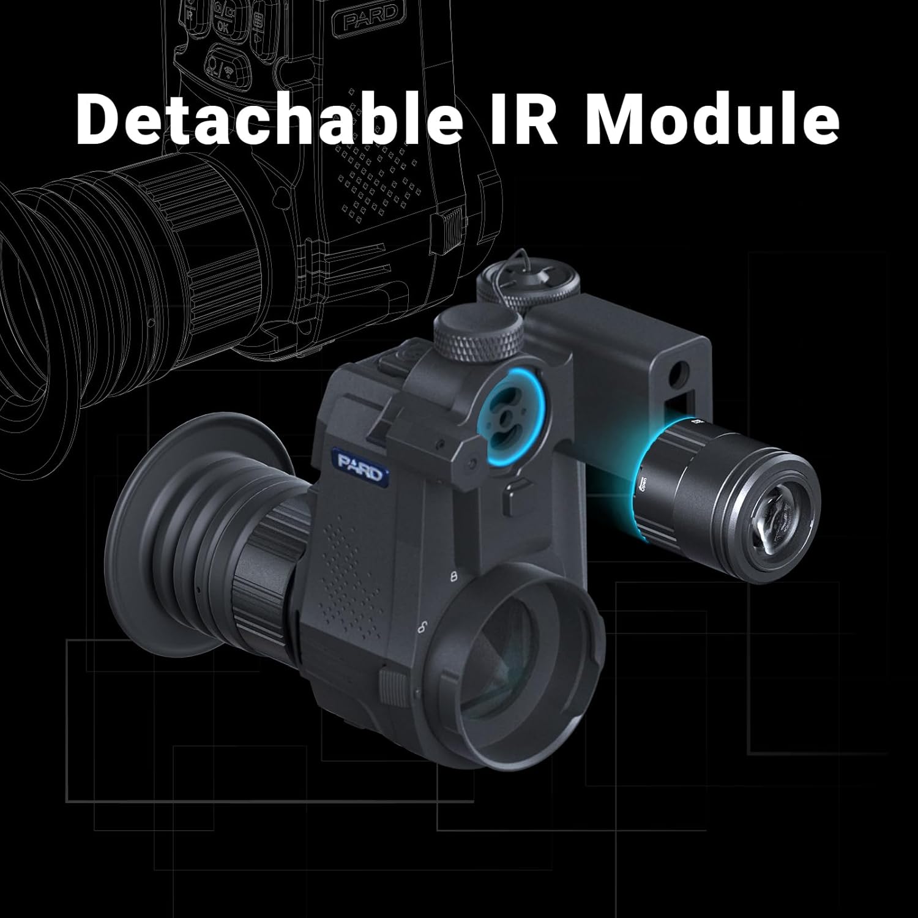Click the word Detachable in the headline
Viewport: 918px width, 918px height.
pos(269,118)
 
